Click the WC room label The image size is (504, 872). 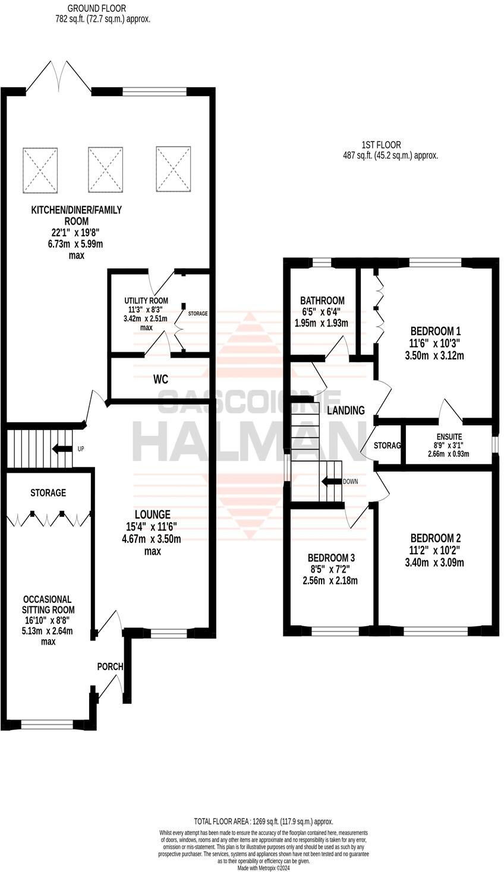[x=160, y=380]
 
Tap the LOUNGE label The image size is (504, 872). [x=152, y=514]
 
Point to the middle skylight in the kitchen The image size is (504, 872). [x=105, y=169]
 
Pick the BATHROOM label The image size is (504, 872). [x=322, y=301]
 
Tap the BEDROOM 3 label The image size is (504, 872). [x=331, y=558]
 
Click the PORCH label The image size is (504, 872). [x=110, y=666]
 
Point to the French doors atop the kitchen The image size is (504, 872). [x=58, y=76]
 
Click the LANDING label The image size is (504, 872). [x=346, y=410]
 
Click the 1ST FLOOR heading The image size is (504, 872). [x=381, y=144]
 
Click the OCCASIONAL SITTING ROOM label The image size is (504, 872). [x=48, y=605]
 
